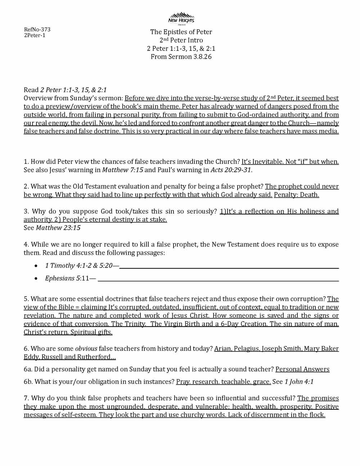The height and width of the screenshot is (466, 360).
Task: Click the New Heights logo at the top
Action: click(x=181, y=18)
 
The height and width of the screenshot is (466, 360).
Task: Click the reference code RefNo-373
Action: click(x=37, y=30)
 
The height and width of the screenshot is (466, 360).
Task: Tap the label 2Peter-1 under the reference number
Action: click(x=35, y=35)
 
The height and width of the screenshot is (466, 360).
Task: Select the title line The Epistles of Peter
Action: click(x=181, y=32)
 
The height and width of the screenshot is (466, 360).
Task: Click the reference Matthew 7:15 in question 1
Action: click(x=122, y=170)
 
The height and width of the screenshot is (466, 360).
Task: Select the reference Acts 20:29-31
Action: click(x=231, y=170)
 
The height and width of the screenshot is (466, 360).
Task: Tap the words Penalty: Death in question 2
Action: click(x=296, y=195)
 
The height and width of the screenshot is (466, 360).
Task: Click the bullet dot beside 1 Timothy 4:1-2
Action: click(x=36, y=266)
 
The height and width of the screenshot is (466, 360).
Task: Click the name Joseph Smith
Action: click(x=282, y=349)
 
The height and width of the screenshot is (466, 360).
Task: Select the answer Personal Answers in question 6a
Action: click(x=302, y=369)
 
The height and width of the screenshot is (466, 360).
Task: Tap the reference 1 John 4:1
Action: click(x=299, y=382)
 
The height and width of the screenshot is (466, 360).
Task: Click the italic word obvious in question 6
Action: click(x=86, y=349)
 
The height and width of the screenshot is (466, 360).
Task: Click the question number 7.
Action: click(x=26, y=398)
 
